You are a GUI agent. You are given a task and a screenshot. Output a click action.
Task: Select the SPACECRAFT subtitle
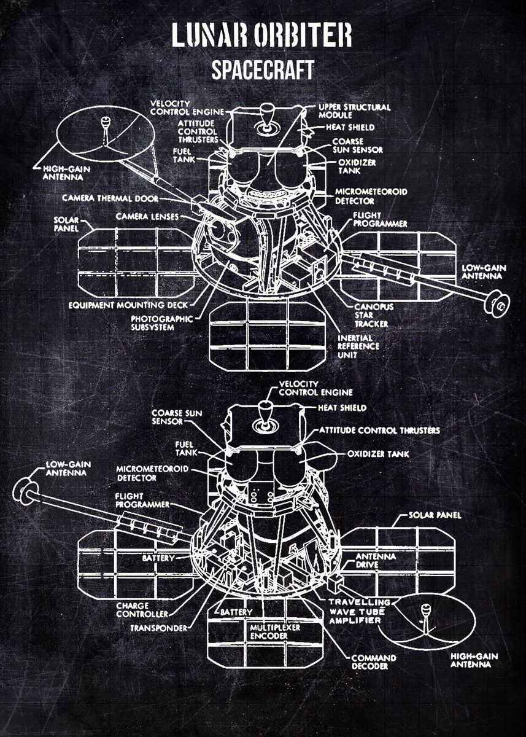point(263,70)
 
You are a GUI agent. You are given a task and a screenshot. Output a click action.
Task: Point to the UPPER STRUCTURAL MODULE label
point(354,111)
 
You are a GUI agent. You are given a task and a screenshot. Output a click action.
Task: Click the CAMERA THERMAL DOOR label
point(110,198)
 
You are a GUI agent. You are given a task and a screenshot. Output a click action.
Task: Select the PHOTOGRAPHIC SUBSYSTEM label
point(162,323)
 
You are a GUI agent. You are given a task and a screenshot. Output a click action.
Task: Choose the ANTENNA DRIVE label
point(376,561)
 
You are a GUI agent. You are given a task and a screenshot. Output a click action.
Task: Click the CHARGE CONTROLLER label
point(142,610)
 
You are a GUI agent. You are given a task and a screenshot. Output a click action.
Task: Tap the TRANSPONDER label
point(158,628)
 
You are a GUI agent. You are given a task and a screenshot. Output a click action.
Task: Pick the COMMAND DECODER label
point(373,662)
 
